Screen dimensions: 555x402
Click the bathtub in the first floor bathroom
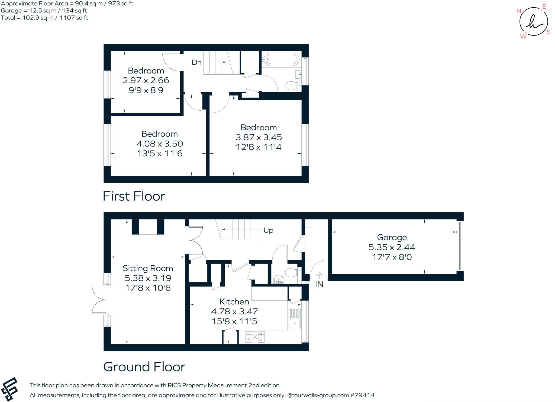(280, 59)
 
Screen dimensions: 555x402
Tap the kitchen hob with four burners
(255, 337)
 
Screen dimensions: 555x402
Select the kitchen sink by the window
(295, 318)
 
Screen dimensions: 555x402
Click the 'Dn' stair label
(196, 62)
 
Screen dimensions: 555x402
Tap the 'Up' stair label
(268, 230)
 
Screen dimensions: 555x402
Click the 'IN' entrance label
(319, 284)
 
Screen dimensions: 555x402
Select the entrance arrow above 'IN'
(319, 276)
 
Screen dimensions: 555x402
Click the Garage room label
(392, 237)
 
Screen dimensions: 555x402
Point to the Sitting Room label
(148, 268)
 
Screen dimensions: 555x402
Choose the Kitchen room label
(234, 302)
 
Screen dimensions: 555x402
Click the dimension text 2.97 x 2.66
(146, 80)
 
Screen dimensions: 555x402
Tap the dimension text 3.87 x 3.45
(259, 137)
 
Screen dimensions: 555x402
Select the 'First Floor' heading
(134, 196)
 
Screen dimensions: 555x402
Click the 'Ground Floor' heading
(144, 367)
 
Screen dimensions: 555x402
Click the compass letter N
(519, 11)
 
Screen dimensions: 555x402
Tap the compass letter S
(548, 32)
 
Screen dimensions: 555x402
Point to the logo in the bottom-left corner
(9, 389)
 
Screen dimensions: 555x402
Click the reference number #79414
(362, 395)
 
